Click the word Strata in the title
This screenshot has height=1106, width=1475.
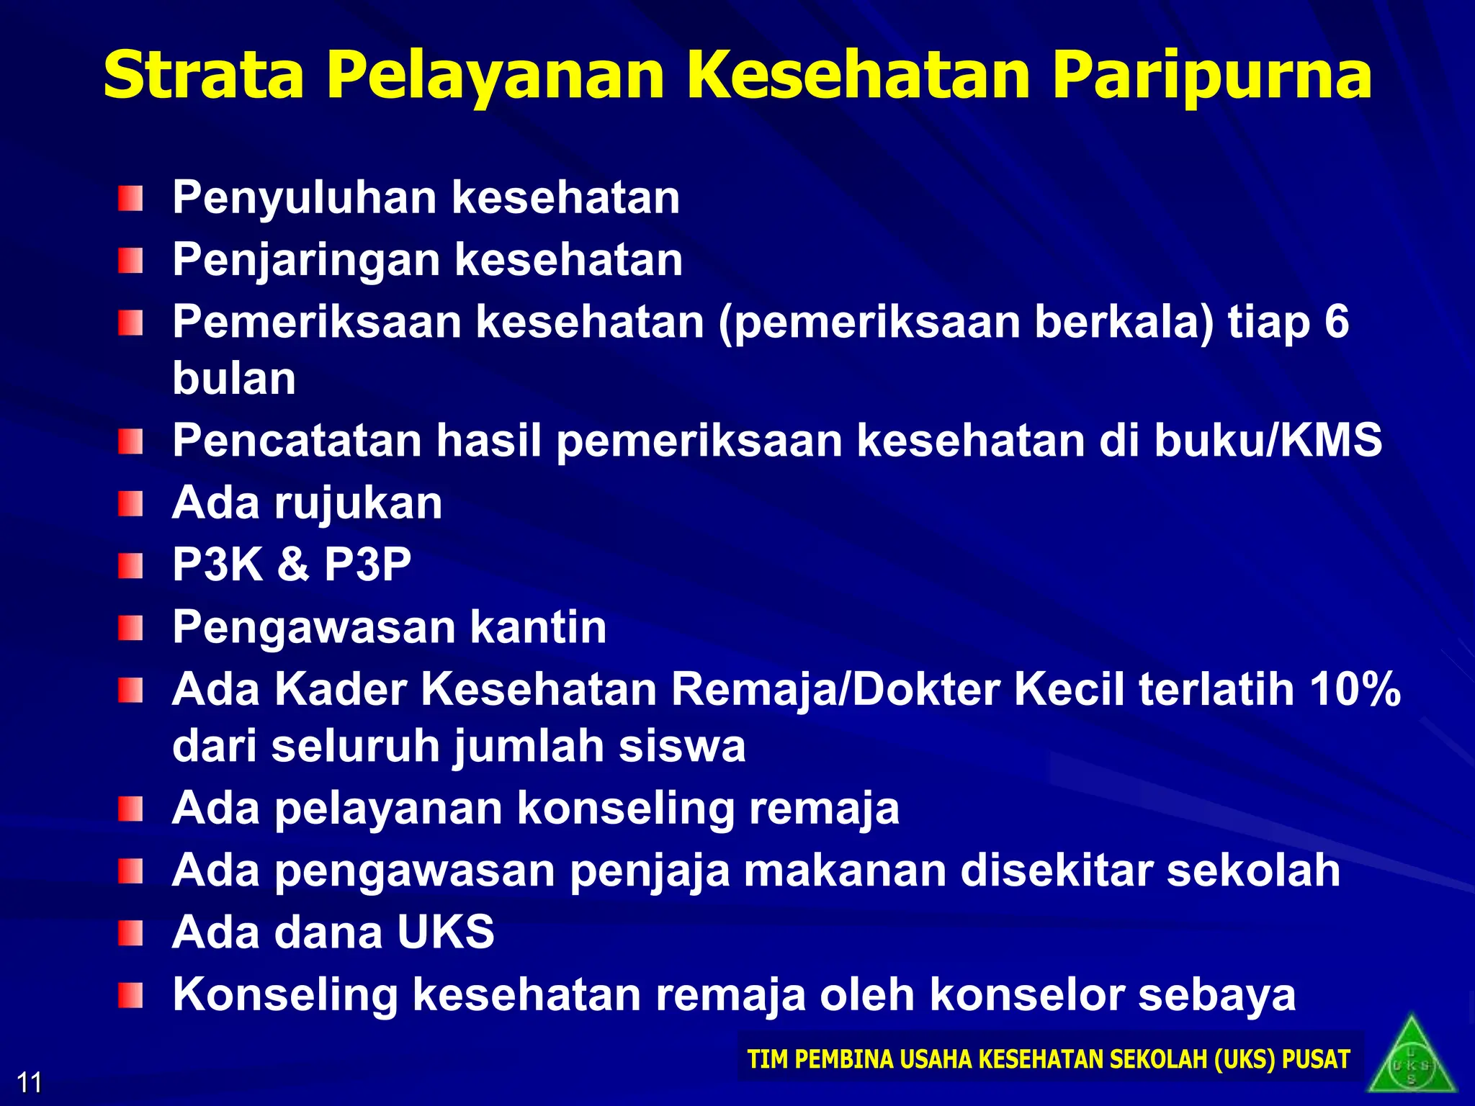(204, 75)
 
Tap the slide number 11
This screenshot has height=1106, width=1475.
(30, 1082)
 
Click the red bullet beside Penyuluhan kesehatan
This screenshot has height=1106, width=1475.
(130, 198)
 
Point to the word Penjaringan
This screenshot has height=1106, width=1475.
(305, 261)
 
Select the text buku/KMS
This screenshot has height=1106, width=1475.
(1268, 440)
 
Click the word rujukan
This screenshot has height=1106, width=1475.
(358, 503)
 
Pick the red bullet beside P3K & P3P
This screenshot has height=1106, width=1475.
(130, 565)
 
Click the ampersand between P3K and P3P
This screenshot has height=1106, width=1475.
(293, 564)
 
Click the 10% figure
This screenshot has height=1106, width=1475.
(1355, 689)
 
